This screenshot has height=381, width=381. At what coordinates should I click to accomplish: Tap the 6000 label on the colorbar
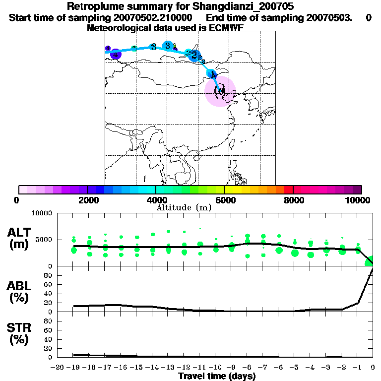[x=224, y=200]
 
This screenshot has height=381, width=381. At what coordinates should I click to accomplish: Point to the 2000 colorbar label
[x=87, y=200]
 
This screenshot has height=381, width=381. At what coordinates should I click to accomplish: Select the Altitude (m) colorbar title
[x=184, y=207]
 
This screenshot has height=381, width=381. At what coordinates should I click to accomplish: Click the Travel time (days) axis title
[x=217, y=376]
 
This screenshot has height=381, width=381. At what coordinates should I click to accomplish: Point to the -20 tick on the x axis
[x=58, y=368]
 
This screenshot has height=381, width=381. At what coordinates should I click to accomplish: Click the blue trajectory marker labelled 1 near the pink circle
[x=212, y=74]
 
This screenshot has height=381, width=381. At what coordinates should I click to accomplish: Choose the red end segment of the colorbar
[x=288, y=190]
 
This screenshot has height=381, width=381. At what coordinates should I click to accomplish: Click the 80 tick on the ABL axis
[x=48, y=284]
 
